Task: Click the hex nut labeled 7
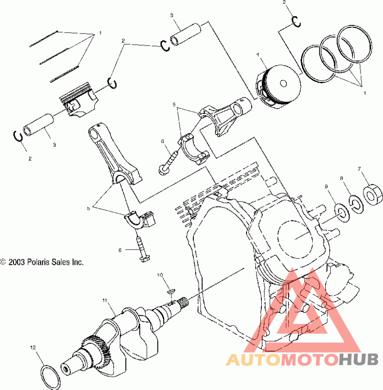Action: tap(372, 195)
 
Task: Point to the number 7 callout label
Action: tap(359, 169)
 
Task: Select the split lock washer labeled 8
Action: tap(356, 204)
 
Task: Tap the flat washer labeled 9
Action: tap(342, 213)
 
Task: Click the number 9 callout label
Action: tap(327, 186)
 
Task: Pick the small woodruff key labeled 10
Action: tap(171, 290)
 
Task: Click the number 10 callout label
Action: tap(160, 275)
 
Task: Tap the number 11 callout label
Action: tap(105, 300)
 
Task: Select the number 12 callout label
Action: tap(33, 347)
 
